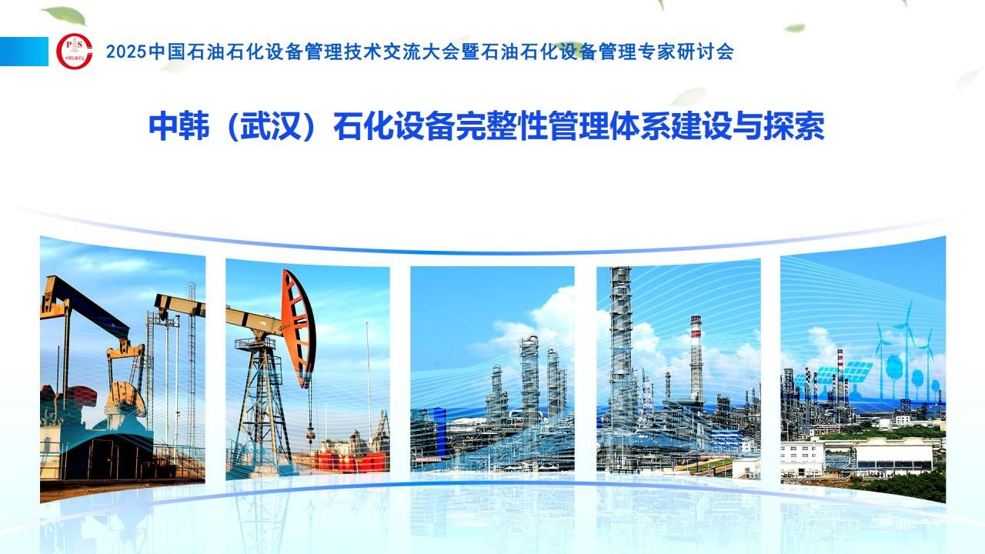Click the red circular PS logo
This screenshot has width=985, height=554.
click(x=75, y=52)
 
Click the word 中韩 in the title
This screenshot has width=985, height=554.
click(x=179, y=127)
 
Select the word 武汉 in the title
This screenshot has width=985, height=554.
click(x=270, y=127)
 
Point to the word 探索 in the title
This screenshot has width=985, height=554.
click(x=794, y=127)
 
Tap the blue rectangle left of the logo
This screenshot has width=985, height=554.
click(x=24, y=52)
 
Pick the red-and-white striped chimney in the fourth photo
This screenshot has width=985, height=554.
click(x=696, y=357)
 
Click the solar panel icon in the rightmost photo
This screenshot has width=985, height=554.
click(x=857, y=372)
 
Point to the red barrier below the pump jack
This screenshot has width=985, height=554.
click(x=352, y=462)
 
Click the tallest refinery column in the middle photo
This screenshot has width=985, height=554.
click(x=529, y=378)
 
